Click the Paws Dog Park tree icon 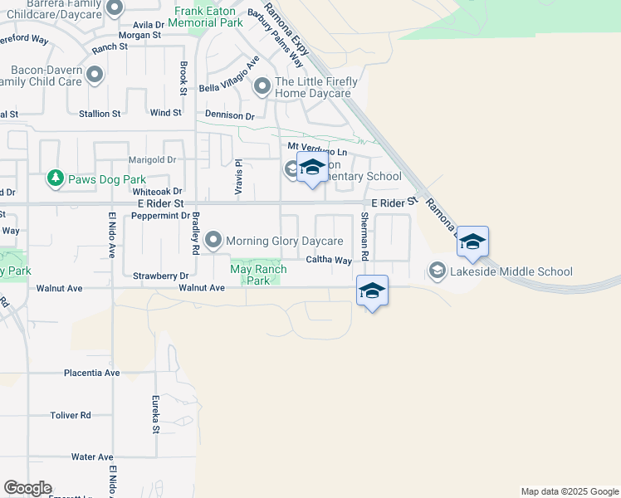[56, 178]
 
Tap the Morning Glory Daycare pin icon [213, 241]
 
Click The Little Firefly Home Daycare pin [262, 86]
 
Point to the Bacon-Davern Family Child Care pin [95, 76]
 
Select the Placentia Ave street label [92, 373]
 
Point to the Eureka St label [155, 414]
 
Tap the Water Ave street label [92, 457]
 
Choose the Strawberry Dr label [161, 275]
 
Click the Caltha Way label [329, 260]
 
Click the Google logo [27, 488]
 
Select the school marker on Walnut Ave [373, 291]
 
